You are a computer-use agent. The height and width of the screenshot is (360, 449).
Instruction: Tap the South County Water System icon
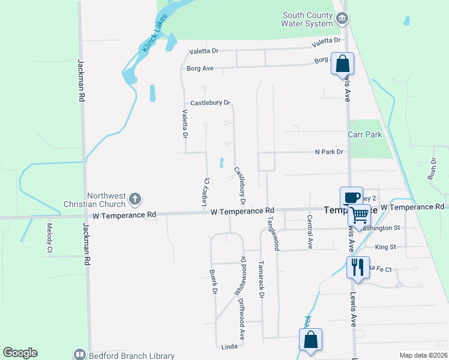pos(342,19)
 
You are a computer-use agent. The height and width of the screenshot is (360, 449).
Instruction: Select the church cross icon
pos(136,199)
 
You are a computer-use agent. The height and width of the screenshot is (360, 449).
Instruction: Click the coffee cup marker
pos(351,197)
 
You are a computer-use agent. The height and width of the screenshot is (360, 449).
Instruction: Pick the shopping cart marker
pos(359,214)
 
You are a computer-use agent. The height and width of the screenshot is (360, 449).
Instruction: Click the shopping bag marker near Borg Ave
pos(342,64)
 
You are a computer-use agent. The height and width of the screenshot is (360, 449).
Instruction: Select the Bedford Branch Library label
pos(131,355)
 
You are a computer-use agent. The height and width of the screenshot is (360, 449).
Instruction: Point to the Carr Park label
pos(365,135)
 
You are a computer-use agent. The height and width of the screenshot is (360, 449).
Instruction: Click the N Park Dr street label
pos(329,152)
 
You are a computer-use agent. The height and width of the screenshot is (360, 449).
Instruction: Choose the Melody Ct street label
pos(50,238)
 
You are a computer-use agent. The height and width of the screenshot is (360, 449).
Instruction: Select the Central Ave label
pos(310,232)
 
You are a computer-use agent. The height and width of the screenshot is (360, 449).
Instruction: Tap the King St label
pos(385,247)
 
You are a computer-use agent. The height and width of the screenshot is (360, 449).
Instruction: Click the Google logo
pos(20,353)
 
